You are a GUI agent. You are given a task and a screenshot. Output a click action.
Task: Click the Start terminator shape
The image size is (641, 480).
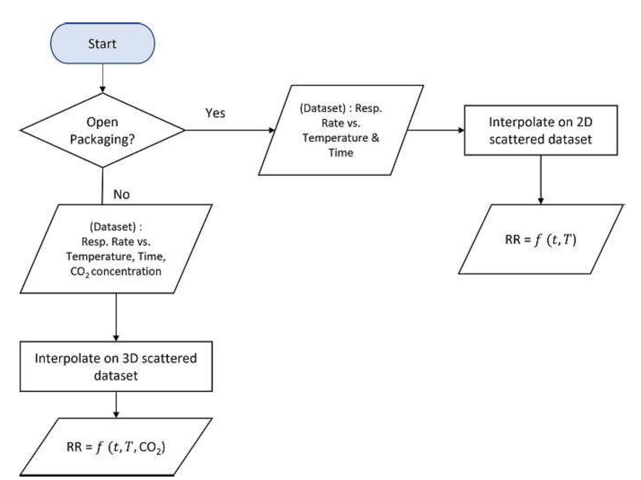tap(102, 43)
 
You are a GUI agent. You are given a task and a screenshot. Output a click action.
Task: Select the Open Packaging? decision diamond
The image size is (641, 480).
tap(102, 130)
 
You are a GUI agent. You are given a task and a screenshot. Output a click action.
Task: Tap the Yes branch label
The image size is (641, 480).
tap(215, 113)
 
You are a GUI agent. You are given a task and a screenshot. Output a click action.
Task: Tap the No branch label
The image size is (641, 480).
tap(121, 194)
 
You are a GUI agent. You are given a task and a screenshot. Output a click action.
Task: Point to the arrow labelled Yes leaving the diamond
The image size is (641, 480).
tap(228, 130)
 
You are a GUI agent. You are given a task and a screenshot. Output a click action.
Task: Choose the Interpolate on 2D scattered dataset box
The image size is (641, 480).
tap(541, 130)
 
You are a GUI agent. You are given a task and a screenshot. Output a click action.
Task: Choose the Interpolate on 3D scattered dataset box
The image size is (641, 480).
tap(116, 366)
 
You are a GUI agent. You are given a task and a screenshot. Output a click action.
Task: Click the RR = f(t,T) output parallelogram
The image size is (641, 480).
tap(541, 239)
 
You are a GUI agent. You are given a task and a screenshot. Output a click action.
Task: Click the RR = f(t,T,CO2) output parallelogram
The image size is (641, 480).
tap(116, 447)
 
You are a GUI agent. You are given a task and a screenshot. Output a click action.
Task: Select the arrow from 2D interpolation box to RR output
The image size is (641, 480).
tap(541, 179)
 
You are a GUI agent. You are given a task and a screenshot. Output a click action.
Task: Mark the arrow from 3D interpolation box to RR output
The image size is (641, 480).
tap(116, 404)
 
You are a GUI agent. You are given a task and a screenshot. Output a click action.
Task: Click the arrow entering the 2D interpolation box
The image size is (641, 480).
tap(435, 130)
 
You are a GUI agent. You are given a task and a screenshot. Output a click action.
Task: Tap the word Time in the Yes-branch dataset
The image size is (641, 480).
tap(341, 153)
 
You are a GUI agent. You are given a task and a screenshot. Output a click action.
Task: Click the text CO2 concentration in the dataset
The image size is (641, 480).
tap(116, 272)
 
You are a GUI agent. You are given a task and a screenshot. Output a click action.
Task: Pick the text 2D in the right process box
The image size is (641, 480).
tap(584, 122)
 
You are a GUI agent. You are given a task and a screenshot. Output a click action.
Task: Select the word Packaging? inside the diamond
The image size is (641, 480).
tap(102, 139)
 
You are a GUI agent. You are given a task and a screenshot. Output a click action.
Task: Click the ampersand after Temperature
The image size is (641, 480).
tap(375, 138)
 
